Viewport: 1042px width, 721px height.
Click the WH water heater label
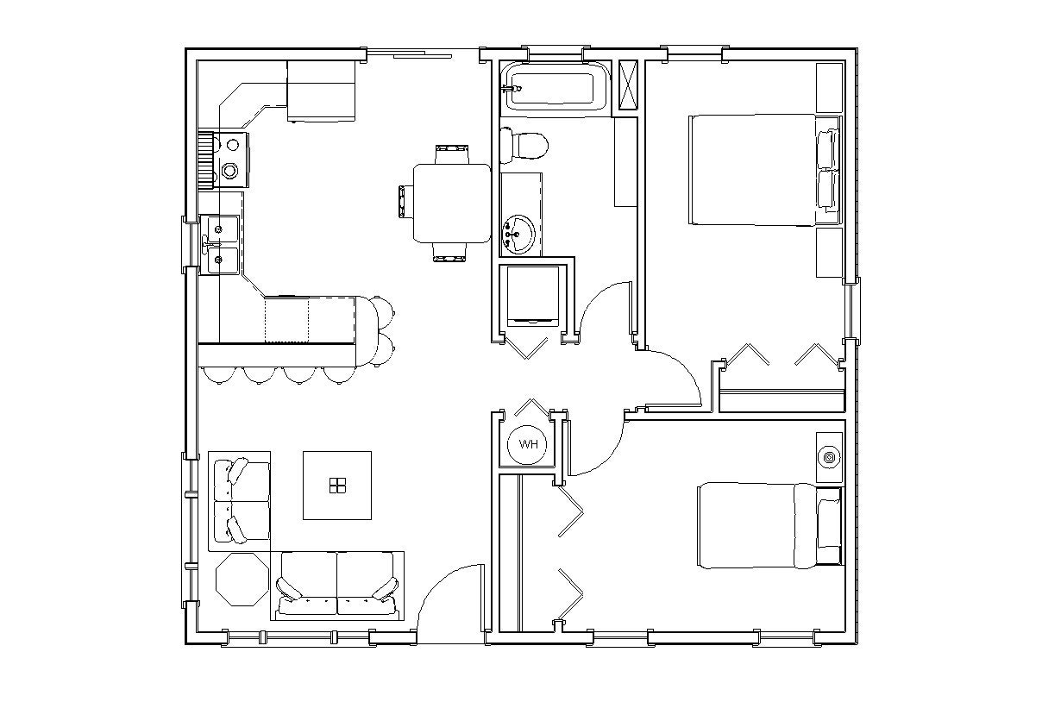pyautogui.click(x=528, y=444)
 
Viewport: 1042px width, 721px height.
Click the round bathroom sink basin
pyautogui.click(x=518, y=232)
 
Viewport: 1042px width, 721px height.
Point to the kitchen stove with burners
pyautogui.click(x=229, y=159)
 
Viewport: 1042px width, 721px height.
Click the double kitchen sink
pyautogui.click(x=221, y=244)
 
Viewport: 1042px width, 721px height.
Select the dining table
pyautogui.click(x=452, y=203)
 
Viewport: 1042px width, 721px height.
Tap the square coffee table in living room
pyautogui.click(x=336, y=485)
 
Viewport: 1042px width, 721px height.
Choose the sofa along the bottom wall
pyautogui.click(x=337, y=585)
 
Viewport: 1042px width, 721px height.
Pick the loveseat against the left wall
pyautogui.click(x=240, y=501)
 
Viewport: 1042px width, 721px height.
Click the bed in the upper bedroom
pyautogui.click(x=752, y=169)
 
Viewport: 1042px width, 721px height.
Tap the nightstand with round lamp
pyautogui.click(x=829, y=456)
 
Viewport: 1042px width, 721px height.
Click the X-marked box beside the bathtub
pyautogui.click(x=629, y=85)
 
